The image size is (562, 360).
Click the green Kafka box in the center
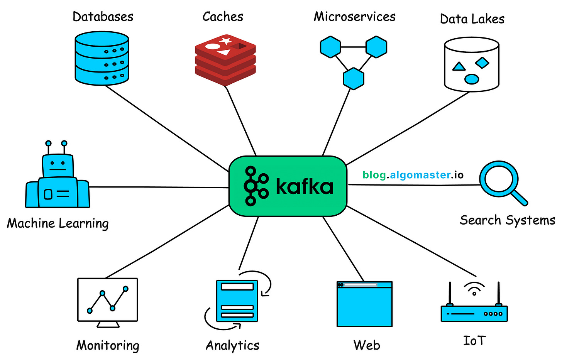(288, 186)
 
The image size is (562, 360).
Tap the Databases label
(103, 17)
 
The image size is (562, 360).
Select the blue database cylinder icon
(102, 58)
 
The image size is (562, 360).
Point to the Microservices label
(354, 17)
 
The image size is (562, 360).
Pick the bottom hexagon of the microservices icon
(353, 79)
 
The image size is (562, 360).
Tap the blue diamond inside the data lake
(482, 63)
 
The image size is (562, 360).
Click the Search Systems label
(507, 220)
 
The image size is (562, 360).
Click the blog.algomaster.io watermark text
(413, 175)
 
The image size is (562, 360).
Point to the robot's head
(58, 166)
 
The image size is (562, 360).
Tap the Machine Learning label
(58, 223)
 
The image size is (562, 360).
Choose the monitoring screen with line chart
(108, 300)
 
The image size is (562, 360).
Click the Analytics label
(232, 345)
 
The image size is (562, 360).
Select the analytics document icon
(237, 301)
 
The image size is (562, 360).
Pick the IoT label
(474, 341)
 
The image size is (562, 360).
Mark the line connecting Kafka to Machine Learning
(158, 187)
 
